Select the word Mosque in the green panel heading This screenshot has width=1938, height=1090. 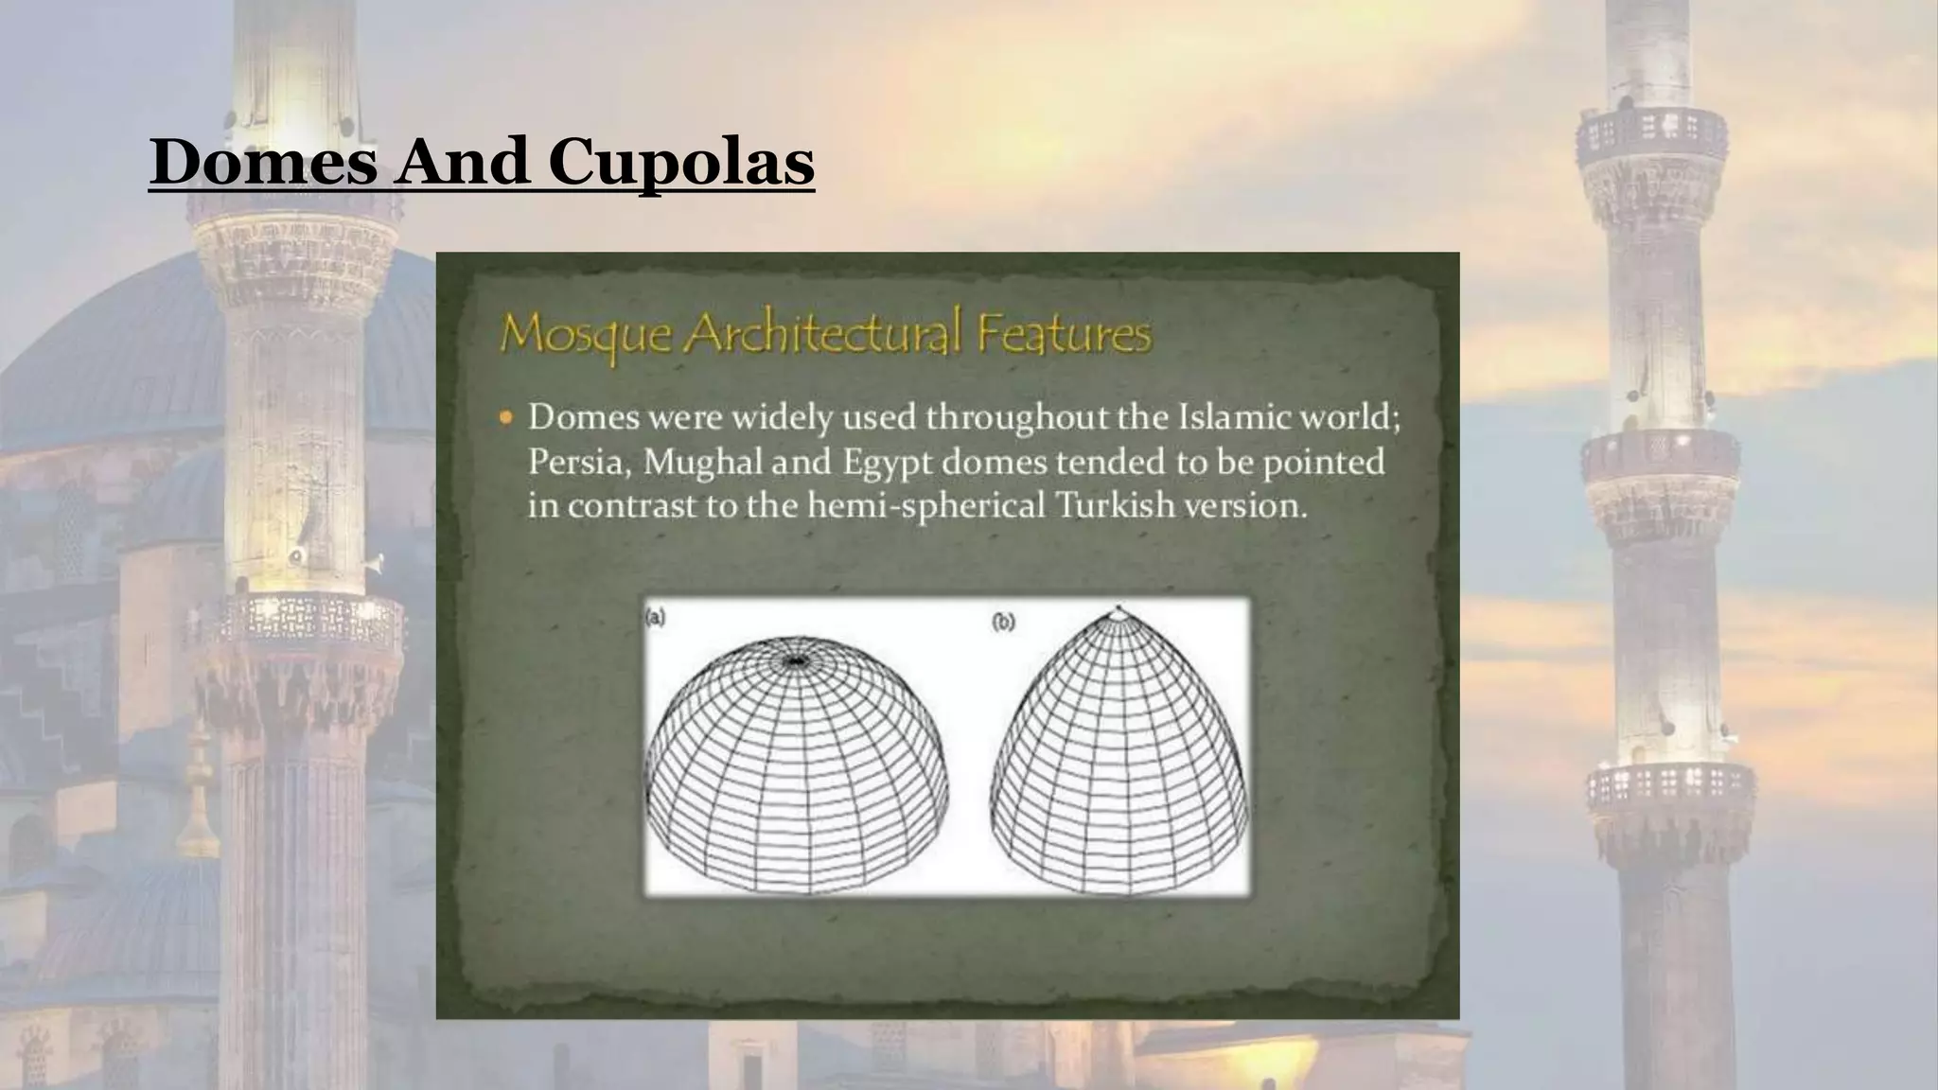click(x=586, y=333)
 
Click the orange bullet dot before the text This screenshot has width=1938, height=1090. click(x=507, y=417)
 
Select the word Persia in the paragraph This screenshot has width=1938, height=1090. click(x=577, y=463)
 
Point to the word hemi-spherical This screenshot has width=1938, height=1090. click(x=925, y=506)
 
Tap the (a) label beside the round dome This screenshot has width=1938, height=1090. click(x=656, y=619)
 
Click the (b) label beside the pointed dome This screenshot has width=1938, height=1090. click(x=1003, y=622)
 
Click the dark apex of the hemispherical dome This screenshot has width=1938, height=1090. click(x=797, y=660)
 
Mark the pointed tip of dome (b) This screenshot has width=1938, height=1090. click(x=1119, y=608)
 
